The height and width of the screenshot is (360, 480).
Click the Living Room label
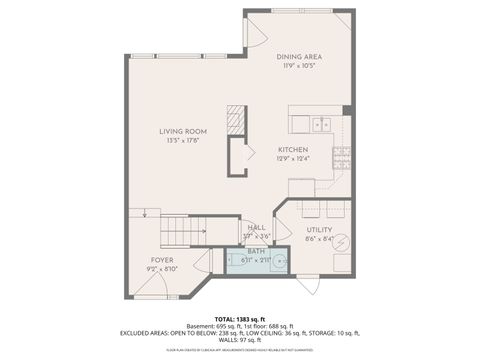[183, 130]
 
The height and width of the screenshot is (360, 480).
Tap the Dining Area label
[298, 56]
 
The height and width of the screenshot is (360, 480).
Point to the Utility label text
[319, 229]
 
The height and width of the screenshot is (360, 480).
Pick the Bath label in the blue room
[256, 251]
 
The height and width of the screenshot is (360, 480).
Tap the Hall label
[256, 227]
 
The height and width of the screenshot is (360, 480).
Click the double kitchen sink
[320, 125]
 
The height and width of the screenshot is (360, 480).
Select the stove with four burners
[343, 156]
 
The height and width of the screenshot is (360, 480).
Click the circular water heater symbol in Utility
[341, 242]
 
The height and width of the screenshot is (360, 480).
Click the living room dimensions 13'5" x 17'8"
[183, 140]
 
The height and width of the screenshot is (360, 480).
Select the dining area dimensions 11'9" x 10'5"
[298, 66]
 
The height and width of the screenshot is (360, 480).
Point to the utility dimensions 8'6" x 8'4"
[319, 238]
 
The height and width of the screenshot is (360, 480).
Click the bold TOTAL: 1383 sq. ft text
[240, 319]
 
